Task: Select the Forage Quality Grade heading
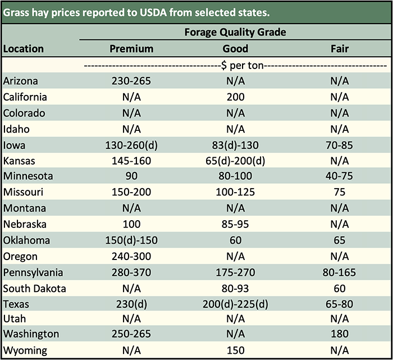(x=235, y=32)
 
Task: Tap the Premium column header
(x=131, y=49)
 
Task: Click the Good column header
(x=235, y=49)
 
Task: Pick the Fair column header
(x=340, y=49)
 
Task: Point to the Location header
(x=24, y=49)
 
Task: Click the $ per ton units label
(x=235, y=65)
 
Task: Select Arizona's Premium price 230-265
(x=131, y=81)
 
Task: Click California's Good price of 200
(x=235, y=97)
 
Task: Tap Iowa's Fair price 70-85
(x=340, y=145)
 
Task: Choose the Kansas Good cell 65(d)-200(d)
(x=235, y=161)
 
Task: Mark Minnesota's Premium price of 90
(x=131, y=176)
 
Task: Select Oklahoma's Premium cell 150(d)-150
(x=131, y=240)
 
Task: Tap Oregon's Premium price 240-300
(x=131, y=257)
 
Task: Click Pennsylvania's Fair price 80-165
(x=340, y=272)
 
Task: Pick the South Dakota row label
(x=35, y=289)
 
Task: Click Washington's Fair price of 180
(x=340, y=334)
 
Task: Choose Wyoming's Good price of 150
(x=235, y=350)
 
